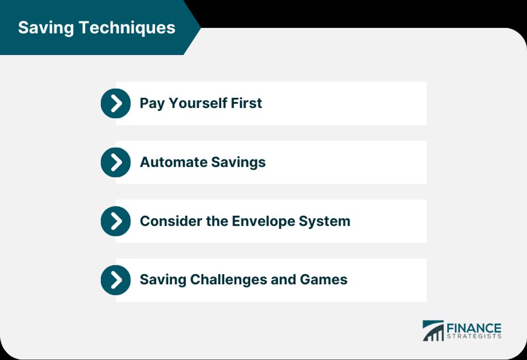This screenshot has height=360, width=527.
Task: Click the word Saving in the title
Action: click(x=43, y=28)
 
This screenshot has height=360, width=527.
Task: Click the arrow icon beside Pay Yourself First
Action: click(x=116, y=103)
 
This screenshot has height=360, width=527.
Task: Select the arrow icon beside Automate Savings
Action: click(x=116, y=163)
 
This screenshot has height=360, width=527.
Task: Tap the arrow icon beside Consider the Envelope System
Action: click(x=116, y=221)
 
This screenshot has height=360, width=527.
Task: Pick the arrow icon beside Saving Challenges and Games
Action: click(x=116, y=280)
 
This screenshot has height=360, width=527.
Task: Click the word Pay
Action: click(x=152, y=103)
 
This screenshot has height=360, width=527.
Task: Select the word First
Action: click(x=246, y=103)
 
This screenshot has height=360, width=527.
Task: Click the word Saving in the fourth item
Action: click(x=163, y=280)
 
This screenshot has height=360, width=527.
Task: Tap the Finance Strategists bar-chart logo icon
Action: click(x=433, y=331)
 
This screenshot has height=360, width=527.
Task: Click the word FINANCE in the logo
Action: click(x=474, y=328)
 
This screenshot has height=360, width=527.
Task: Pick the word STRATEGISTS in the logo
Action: click(x=474, y=337)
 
